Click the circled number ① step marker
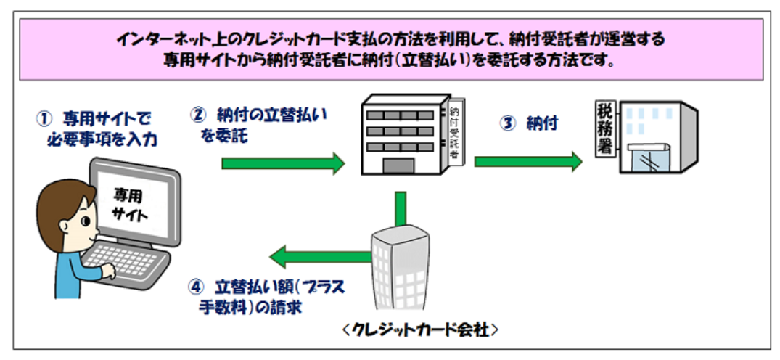(43, 119)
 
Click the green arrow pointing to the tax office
(528, 162)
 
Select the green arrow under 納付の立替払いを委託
(283, 163)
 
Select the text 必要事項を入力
(99, 140)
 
